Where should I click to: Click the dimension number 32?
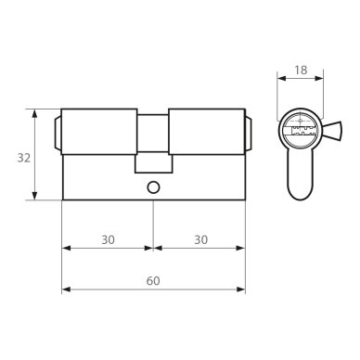tap(24, 158)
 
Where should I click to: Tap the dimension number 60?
tap(153, 281)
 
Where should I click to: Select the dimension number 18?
tap(301, 71)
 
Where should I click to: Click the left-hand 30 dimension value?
tap(108, 239)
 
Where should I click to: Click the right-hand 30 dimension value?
tap(201, 239)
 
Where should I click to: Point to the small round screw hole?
tap(153, 187)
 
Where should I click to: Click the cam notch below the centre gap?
tap(153, 163)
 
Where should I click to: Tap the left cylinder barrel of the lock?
tap(99, 132)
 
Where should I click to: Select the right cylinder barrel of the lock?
tap(207, 132)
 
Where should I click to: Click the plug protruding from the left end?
tap(58, 133)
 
